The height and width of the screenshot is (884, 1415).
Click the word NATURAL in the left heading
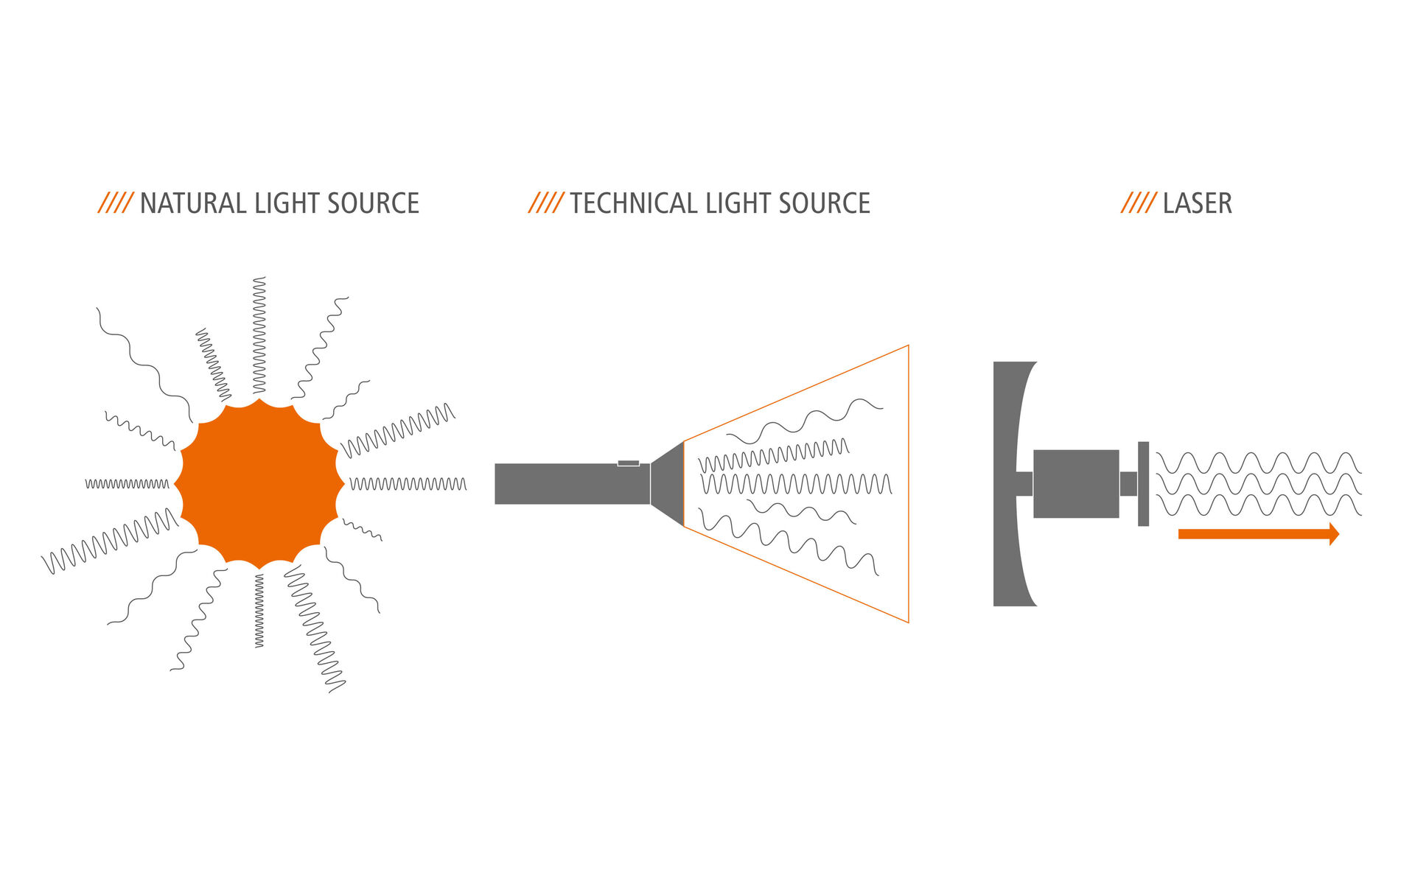click(192, 203)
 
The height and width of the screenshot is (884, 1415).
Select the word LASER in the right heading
click(1197, 203)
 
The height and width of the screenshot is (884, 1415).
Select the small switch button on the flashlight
click(628, 463)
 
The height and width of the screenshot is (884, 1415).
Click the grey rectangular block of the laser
click(1076, 483)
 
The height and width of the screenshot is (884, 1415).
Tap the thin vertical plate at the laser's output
click(1143, 483)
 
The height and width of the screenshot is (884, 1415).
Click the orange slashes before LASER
click(1138, 203)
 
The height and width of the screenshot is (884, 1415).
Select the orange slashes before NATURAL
click(116, 203)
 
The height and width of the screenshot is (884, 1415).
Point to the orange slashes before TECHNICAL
click(546, 203)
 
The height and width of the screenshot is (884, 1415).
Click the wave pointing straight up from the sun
click(259, 335)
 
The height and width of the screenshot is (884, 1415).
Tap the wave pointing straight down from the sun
click(259, 611)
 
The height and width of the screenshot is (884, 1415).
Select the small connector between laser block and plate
click(1128, 483)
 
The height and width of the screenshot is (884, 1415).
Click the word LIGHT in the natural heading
click(286, 203)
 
